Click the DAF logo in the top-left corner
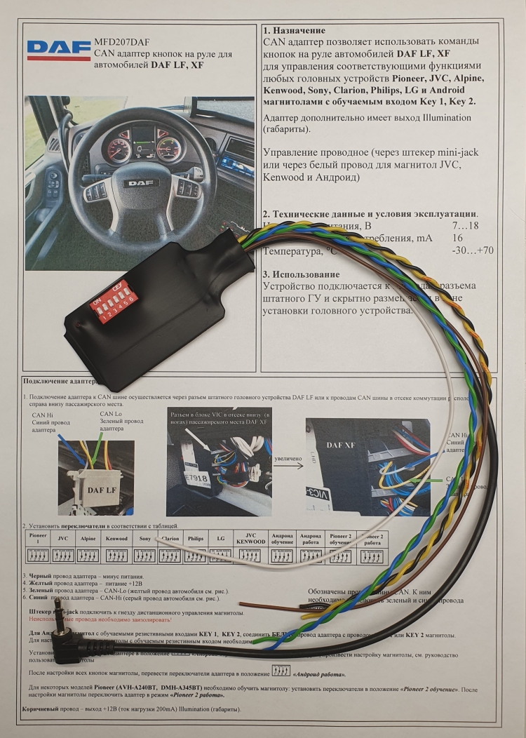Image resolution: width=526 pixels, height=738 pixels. (x=59, y=50)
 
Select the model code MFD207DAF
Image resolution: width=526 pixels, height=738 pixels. (x=121, y=41)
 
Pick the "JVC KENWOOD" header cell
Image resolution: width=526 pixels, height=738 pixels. (x=250, y=538)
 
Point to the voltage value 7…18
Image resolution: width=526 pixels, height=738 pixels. (x=466, y=225)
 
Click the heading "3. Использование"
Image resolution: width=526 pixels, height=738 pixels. (x=301, y=274)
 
